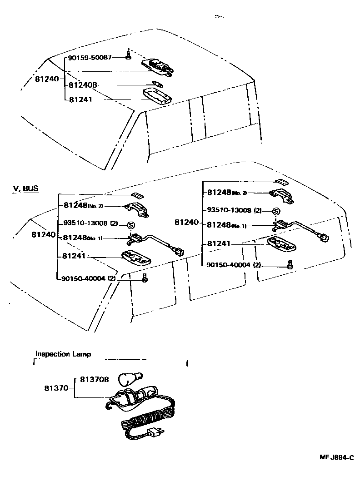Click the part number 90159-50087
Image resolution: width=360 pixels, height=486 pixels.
(90, 58)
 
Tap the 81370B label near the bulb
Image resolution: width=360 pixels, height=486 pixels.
(95, 379)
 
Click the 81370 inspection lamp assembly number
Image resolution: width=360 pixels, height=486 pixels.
(56, 388)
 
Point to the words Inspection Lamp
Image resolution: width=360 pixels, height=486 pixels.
(63, 354)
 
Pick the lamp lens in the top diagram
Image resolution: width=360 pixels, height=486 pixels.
(155, 96)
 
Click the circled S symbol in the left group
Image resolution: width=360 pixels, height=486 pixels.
(130, 225)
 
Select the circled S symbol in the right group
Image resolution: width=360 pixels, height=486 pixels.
(275, 212)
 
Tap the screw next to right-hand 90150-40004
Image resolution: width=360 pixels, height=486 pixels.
(290, 265)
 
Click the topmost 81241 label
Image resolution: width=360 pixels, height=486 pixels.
(80, 99)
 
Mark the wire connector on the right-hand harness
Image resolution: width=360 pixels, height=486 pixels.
(324, 237)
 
